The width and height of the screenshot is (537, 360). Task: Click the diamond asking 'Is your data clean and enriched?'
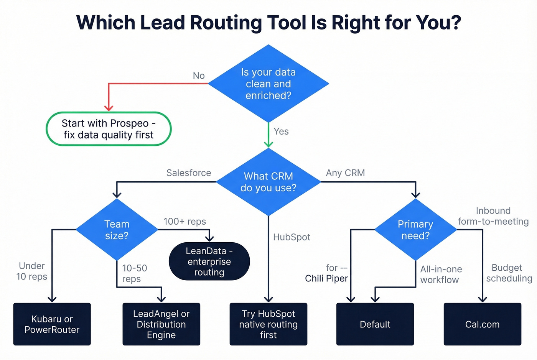(x=268, y=84)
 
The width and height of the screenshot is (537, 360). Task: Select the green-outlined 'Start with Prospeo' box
(x=109, y=129)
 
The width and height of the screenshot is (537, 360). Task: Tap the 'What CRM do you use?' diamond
(x=268, y=182)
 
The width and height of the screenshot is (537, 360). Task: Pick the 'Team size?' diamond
(x=117, y=230)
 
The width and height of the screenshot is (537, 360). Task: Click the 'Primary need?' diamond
(x=415, y=230)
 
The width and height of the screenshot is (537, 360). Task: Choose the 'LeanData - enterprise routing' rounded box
(x=209, y=261)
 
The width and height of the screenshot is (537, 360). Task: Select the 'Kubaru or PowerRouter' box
(x=52, y=324)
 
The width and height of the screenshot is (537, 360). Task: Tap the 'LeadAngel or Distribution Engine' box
(x=161, y=324)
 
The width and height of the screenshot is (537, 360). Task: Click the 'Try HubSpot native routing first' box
(x=268, y=324)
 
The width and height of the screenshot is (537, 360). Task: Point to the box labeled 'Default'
(x=375, y=324)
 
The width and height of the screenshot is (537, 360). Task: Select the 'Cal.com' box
(x=482, y=324)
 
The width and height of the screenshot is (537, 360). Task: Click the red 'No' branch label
(x=199, y=76)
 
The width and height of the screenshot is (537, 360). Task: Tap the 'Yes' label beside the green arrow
(x=281, y=132)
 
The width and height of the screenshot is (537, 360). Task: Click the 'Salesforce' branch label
(x=188, y=173)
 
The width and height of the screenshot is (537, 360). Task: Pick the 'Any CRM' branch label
(x=345, y=173)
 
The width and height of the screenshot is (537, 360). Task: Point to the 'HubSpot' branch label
(x=292, y=237)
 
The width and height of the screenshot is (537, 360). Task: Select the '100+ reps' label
(x=184, y=222)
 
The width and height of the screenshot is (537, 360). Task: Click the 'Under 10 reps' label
(x=32, y=271)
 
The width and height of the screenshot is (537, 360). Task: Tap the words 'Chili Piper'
(x=326, y=279)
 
